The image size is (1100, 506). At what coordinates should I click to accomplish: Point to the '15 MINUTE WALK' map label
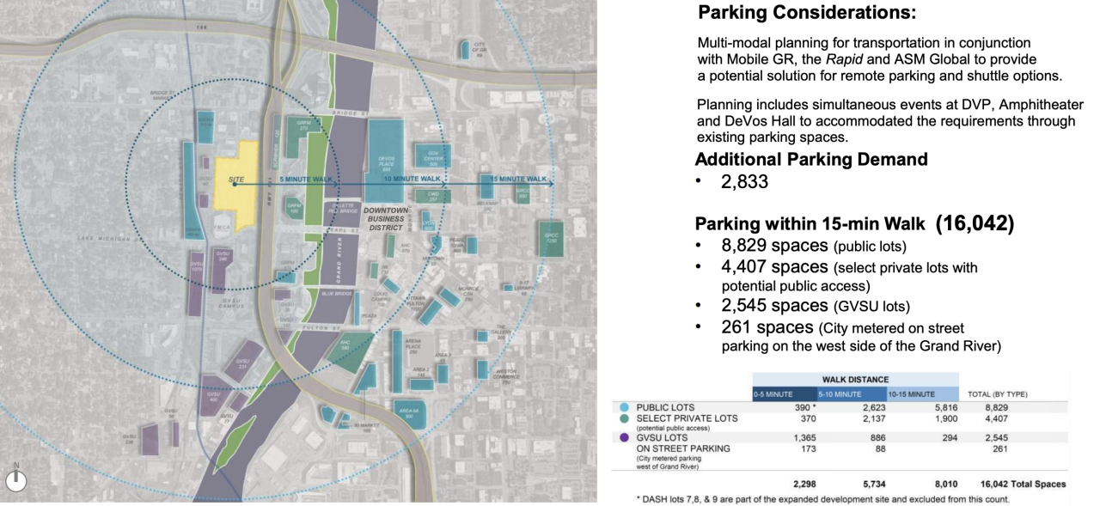(x=518, y=179)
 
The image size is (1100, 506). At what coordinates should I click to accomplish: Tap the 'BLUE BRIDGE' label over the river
(x=338, y=294)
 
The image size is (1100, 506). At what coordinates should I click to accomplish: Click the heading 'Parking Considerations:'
(x=806, y=14)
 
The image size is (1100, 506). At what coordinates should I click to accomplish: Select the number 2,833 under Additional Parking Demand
(x=744, y=182)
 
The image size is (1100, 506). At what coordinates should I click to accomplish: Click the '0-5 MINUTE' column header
(x=773, y=393)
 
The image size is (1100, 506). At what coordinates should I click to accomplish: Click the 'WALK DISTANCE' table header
(x=855, y=379)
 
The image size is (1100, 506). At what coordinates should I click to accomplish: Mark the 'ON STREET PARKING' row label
(x=683, y=448)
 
